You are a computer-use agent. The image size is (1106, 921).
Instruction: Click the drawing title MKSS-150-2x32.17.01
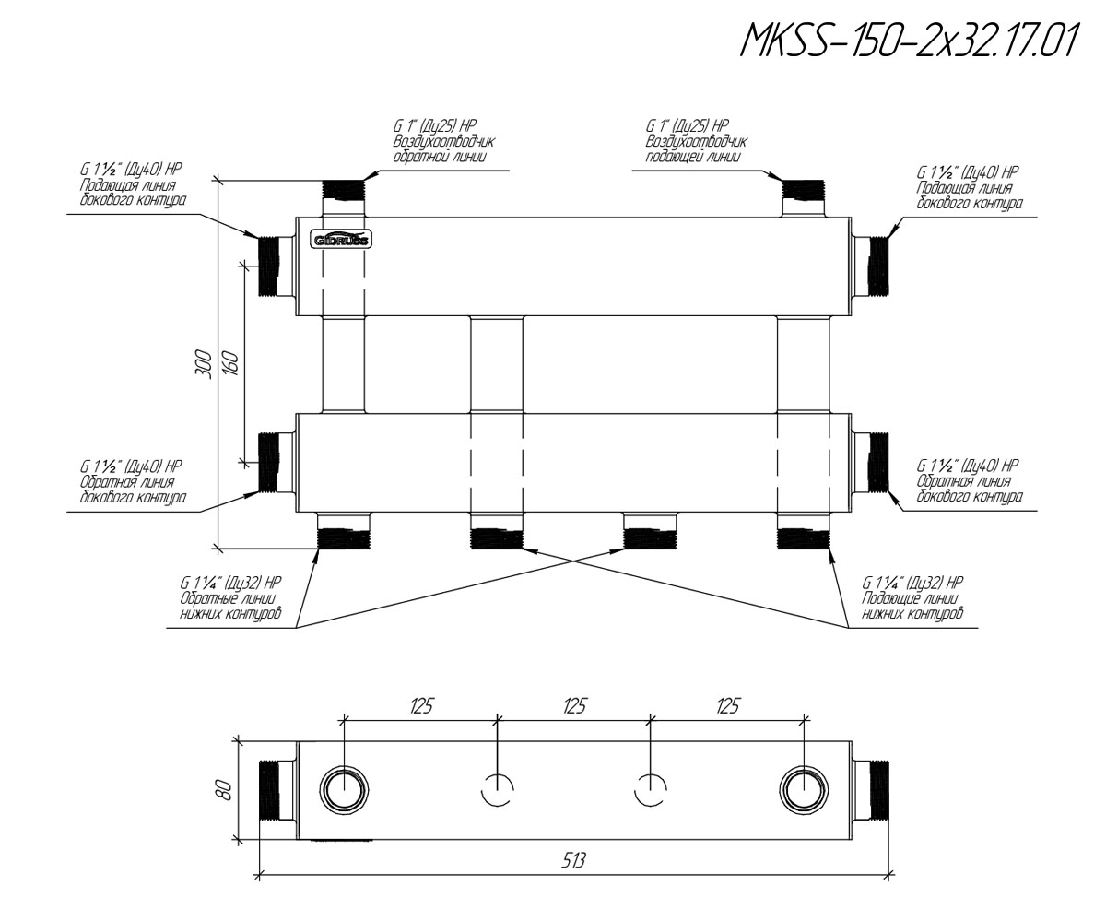(909, 41)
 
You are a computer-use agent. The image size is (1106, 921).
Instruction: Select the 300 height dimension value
(204, 364)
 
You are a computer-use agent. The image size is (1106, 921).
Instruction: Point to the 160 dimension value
(231, 364)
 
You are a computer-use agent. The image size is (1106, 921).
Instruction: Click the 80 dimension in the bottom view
(224, 790)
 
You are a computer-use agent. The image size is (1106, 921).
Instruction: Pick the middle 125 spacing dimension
(574, 706)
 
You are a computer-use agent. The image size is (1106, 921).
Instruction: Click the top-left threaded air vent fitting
(343, 197)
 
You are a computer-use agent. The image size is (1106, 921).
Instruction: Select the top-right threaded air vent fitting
(804, 197)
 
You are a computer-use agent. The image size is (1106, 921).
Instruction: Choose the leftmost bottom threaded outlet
(343, 530)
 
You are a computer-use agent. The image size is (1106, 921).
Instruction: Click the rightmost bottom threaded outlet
(804, 530)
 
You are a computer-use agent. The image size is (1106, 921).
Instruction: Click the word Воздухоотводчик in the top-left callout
(444, 141)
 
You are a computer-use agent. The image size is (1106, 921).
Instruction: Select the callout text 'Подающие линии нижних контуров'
(912, 606)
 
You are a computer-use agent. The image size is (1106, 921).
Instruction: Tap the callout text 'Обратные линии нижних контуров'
(230, 606)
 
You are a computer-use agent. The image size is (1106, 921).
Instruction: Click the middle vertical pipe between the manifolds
(497, 364)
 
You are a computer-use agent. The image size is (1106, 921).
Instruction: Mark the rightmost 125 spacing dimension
(727, 706)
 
